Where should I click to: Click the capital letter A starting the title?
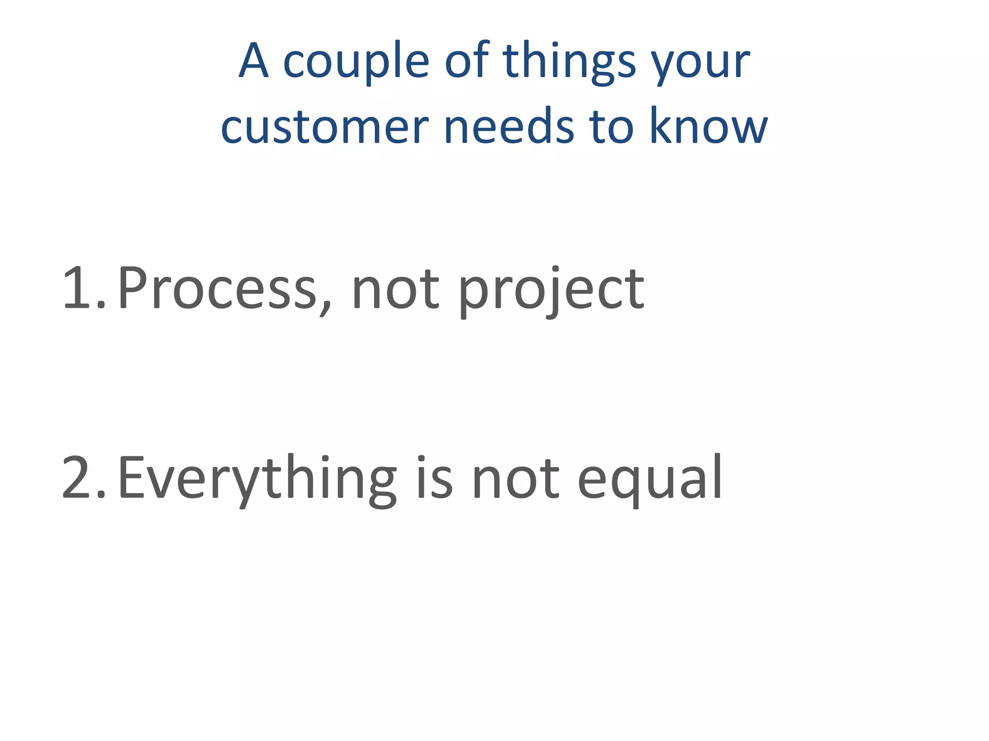(x=254, y=61)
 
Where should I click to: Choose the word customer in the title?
(x=325, y=127)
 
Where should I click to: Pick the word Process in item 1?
(x=217, y=288)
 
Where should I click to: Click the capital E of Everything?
(x=131, y=478)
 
